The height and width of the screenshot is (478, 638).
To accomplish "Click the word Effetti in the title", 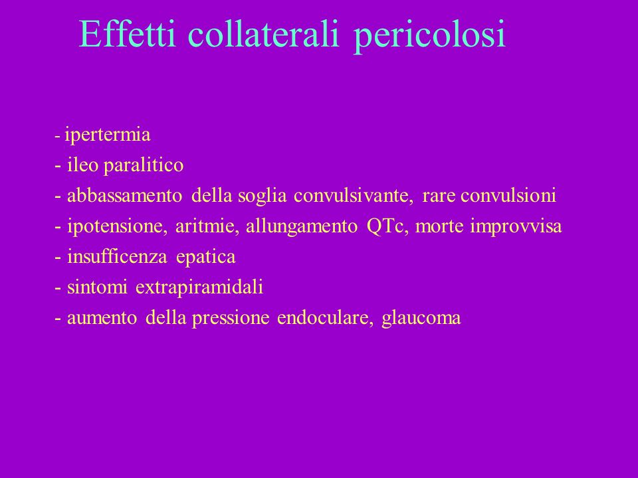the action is pos(128,34).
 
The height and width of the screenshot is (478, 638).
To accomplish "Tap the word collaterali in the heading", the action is pos(263,34).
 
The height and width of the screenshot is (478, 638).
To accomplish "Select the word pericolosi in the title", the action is pos(430,37).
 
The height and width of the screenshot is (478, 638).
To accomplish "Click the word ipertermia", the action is pos(108,135).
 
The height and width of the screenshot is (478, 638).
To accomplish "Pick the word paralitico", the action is pos(144,166).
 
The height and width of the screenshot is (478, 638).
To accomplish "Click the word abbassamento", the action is pos(124,195).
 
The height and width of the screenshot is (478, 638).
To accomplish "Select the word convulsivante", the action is pos(351,195).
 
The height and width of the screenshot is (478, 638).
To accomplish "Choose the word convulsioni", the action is pos(508,195).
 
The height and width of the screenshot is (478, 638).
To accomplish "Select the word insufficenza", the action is pos(117,256).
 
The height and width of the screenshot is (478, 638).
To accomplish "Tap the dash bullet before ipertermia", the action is pos(57,137).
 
